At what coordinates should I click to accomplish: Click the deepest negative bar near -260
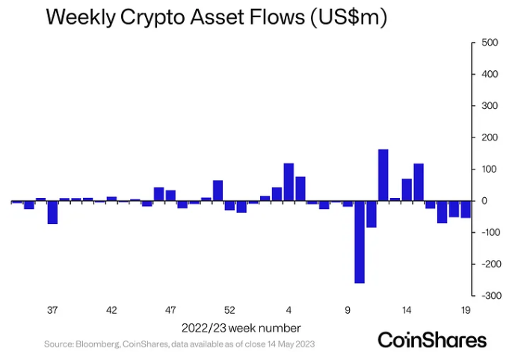pyautogui.click(x=360, y=242)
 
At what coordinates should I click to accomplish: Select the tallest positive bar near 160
pyautogui.click(x=383, y=176)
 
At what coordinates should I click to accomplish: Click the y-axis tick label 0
pyautogui.click(x=484, y=201)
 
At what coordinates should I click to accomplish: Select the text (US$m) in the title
pyautogui.click(x=345, y=19)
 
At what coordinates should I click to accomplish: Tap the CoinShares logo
pyautogui.click(x=431, y=340)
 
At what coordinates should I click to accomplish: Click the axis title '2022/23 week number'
pyautogui.click(x=241, y=327)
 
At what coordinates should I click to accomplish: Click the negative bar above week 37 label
pyautogui.click(x=52, y=213)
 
